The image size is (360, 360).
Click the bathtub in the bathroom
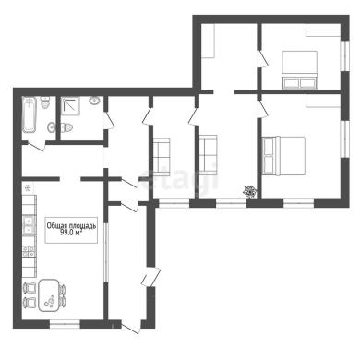[x=30, y=115]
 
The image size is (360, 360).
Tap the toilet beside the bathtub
[x=45, y=102]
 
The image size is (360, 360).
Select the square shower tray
[x=70, y=106]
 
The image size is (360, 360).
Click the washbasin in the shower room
[x=94, y=101]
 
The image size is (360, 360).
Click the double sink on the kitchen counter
[x=30, y=225]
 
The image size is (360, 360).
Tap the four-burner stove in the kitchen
[x=30, y=251]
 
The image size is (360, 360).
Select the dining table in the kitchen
[x=48, y=295]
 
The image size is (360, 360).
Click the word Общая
[x=54, y=226]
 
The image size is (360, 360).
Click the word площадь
[x=80, y=226]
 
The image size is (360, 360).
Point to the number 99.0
[x=67, y=233]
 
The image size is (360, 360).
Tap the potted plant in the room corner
[x=250, y=191]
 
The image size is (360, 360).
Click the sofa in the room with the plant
[x=209, y=154]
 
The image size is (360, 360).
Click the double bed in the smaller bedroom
[x=299, y=70]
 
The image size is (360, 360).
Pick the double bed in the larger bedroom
[x=283, y=156]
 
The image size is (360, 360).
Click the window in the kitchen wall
[x=65, y=324]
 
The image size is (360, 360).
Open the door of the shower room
[x=109, y=120]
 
